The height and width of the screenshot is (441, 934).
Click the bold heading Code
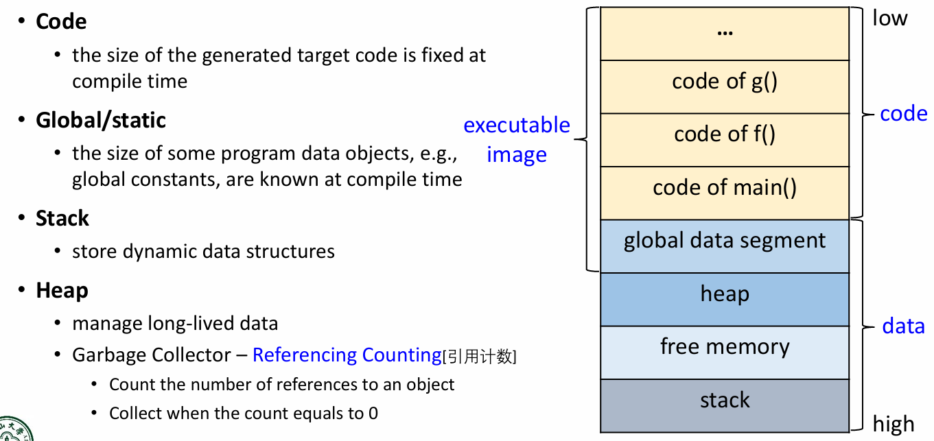click(x=61, y=21)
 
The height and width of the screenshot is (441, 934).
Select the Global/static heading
click(x=101, y=120)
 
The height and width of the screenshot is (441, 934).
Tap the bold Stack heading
click(x=62, y=218)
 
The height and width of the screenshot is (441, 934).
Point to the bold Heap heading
click(x=62, y=290)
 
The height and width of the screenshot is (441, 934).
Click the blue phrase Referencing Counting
click(x=347, y=355)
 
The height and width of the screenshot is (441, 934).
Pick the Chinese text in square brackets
click(x=480, y=356)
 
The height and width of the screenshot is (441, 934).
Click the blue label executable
click(x=516, y=125)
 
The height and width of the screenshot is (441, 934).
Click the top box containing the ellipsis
click(x=725, y=33)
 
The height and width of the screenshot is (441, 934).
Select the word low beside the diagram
click(x=889, y=18)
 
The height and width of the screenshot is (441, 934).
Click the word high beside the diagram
click(x=894, y=424)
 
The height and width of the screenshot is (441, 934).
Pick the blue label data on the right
click(x=903, y=326)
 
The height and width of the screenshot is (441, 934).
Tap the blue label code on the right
click(x=903, y=113)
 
